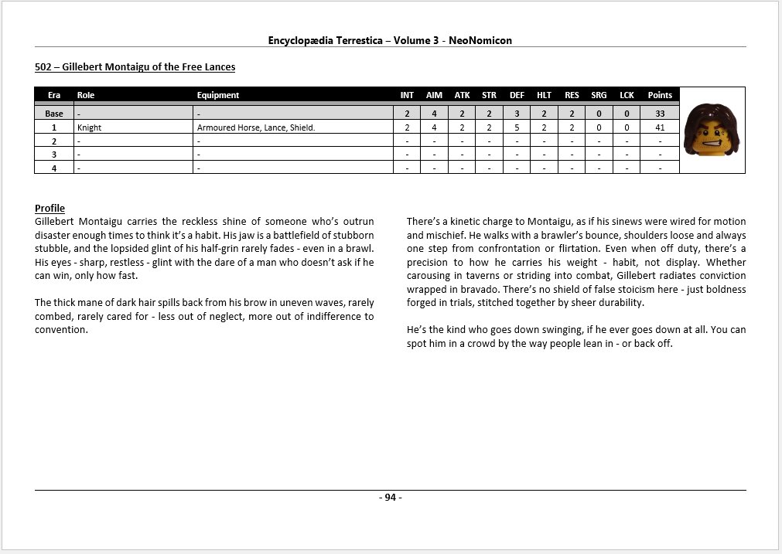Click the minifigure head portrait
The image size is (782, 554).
(x=712, y=129)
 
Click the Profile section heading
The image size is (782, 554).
(x=50, y=209)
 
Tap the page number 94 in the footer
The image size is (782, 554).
(x=391, y=498)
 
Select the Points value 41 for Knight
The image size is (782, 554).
(x=660, y=127)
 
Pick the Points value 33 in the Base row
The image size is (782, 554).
(x=660, y=114)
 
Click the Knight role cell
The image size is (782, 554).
(x=90, y=127)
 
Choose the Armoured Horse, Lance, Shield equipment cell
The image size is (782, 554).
(x=255, y=127)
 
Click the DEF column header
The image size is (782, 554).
(x=517, y=95)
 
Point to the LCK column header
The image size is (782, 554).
(x=627, y=95)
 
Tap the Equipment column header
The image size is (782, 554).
(x=218, y=95)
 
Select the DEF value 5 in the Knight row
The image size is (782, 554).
(x=517, y=127)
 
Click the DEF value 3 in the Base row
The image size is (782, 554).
(x=517, y=114)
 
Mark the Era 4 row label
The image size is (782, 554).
(x=54, y=167)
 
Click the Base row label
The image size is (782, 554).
(x=54, y=114)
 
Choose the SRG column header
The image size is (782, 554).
(x=599, y=95)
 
